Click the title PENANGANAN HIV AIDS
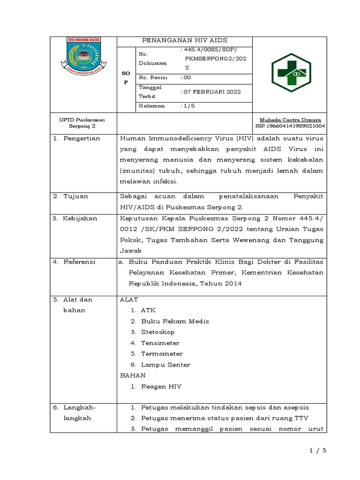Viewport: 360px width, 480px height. point(184,41)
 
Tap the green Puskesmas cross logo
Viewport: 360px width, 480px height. point(290,74)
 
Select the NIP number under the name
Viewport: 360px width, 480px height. point(291,126)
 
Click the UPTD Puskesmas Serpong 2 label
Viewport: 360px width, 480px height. point(82,123)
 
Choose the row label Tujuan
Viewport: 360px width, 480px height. point(75,196)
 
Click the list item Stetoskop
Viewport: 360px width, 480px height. point(157,332)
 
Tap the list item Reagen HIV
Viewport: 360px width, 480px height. point(161,387)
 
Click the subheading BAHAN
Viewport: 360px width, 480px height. point(133,375)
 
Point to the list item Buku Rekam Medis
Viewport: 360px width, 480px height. point(175,321)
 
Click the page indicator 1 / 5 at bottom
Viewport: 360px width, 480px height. point(317,450)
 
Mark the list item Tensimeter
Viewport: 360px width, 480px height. point(160,343)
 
